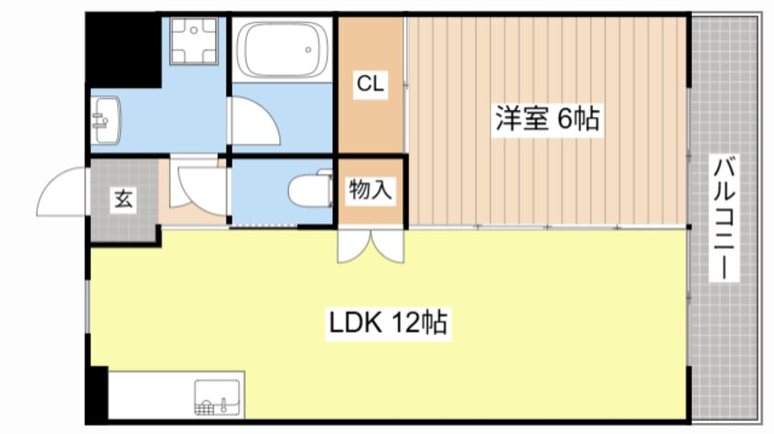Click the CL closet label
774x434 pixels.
pyautogui.click(x=370, y=85)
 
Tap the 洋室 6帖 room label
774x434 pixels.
pyautogui.click(x=548, y=119)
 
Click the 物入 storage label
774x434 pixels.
pyautogui.click(x=370, y=190)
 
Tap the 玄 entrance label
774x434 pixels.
pyautogui.click(x=123, y=200)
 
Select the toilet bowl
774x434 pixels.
pyautogui.click(x=306, y=191)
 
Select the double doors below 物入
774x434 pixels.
pyautogui.click(x=370, y=245)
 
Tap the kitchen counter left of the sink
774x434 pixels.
pyautogui.click(x=150, y=395)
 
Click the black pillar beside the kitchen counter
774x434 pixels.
pyautogui.click(x=96, y=395)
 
